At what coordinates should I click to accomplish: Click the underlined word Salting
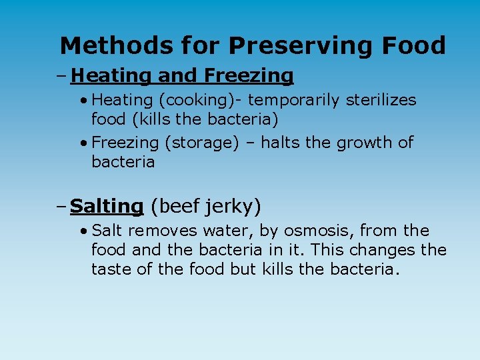pyautogui.click(x=107, y=207)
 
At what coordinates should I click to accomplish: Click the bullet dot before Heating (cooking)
pyautogui.click(x=83, y=101)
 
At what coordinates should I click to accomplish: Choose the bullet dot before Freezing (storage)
pyautogui.click(x=83, y=143)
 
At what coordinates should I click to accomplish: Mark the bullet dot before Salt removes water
pyautogui.click(x=83, y=231)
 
